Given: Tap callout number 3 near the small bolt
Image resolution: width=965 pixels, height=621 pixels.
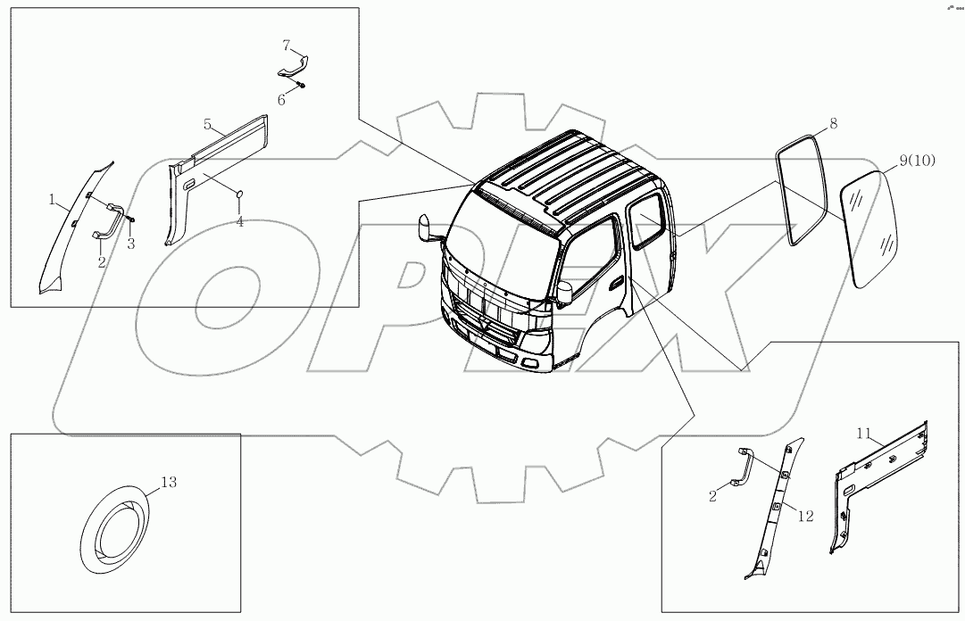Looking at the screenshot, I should pos(130,243).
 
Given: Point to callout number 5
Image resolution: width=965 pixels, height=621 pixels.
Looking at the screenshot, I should pos(206,122).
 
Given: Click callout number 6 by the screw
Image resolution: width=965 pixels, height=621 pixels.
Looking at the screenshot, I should pos(281,100).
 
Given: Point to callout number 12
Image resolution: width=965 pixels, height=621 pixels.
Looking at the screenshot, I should pos(806,516).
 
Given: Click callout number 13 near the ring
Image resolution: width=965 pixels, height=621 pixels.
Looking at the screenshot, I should pos(168,483).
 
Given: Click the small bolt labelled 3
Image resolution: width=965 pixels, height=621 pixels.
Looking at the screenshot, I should pos(130,219).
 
